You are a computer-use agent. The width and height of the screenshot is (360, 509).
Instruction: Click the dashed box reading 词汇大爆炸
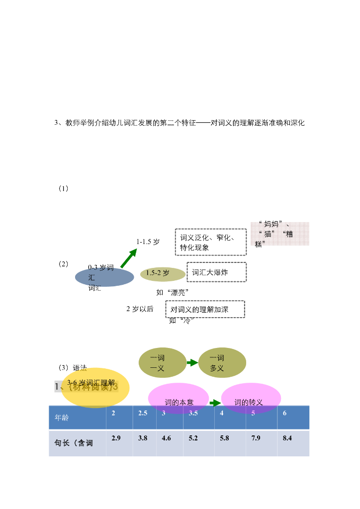click(x=216, y=272)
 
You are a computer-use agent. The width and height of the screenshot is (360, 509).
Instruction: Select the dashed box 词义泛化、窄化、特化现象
click(x=210, y=242)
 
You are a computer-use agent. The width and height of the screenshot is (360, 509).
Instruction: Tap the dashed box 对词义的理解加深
click(x=205, y=309)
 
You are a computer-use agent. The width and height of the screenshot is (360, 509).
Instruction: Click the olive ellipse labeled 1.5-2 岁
click(x=163, y=273)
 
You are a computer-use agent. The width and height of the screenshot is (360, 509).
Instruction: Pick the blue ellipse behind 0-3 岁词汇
click(x=104, y=277)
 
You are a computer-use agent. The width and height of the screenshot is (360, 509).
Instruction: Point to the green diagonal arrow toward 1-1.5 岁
click(x=128, y=258)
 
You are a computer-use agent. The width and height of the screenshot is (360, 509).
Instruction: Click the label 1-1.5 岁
click(x=148, y=242)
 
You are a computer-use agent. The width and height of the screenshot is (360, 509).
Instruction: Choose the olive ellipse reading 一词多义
click(x=222, y=362)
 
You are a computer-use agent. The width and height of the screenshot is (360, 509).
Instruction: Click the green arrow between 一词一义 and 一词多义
click(x=192, y=363)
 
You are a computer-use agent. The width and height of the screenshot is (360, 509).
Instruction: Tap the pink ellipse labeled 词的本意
click(x=179, y=398)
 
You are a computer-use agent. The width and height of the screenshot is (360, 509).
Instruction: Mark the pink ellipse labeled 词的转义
click(x=251, y=398)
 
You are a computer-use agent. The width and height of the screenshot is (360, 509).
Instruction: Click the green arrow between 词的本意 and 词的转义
click(x=215, y=403)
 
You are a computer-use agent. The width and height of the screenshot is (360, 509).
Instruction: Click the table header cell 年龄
click(x=77, y=418)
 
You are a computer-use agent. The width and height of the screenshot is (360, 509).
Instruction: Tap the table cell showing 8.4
click(x=294, y=443)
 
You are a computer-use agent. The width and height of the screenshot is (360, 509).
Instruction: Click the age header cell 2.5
click(x=144, y=418)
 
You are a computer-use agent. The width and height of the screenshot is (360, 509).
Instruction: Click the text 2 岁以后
click(x=140, y=309)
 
